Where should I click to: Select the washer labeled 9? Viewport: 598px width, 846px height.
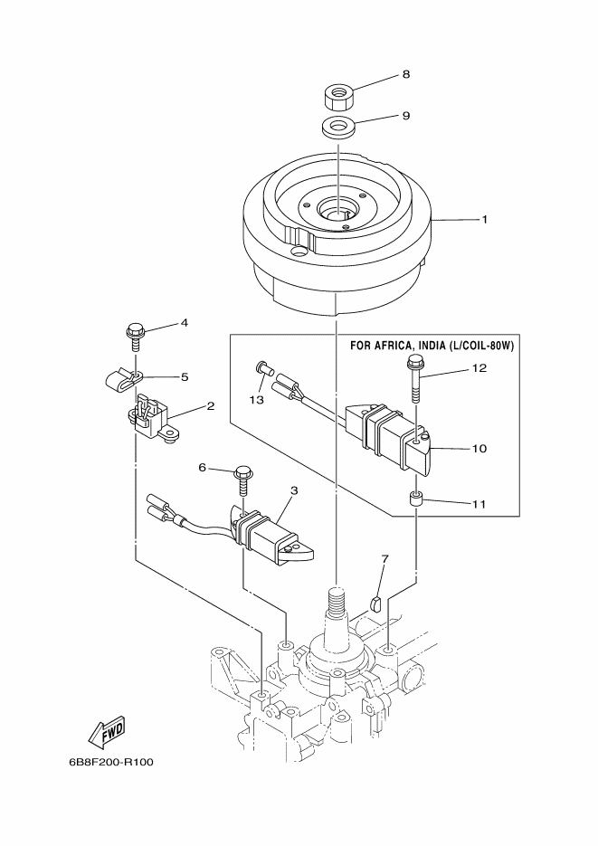(337, 128)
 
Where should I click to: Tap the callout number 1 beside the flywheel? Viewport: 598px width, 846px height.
(484, 220)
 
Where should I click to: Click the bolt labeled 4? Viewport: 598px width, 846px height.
(134, 337)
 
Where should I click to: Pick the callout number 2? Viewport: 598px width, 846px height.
(210, 405)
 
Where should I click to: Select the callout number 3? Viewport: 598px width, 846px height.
(294, 490)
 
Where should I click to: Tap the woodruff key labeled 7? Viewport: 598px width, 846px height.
(377, 603)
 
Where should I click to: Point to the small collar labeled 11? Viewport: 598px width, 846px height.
(416, 499)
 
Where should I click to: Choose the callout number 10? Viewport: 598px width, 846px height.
(479, 449)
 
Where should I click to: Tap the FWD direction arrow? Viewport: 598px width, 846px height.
(106, 734)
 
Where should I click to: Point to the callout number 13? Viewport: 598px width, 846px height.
(257, 400)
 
